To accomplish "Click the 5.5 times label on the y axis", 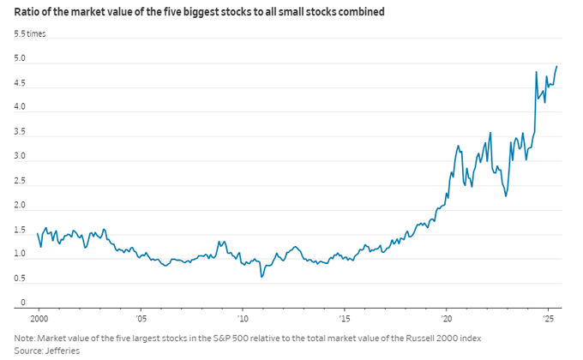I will tap(30, 33).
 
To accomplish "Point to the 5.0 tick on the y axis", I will tap(19, 58).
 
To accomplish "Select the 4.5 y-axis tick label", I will tap(19, 83).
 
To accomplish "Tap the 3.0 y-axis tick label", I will tap(19, 157).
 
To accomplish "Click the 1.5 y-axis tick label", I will tap(19, 231).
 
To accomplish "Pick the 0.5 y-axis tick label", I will tap(19, 279).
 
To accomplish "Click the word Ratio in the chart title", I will tap(27, 12).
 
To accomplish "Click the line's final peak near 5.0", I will tap(557, 66).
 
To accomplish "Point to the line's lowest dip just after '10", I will tap(261, 276).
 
